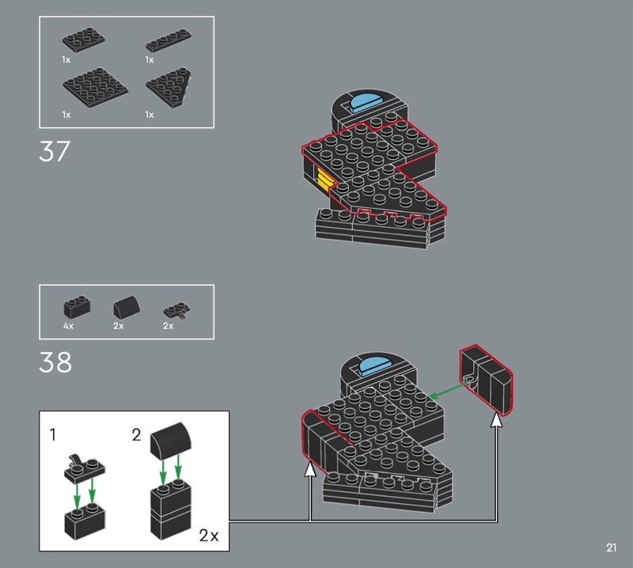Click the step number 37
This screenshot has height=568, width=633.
point(55,151)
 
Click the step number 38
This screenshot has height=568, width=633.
point(55,362)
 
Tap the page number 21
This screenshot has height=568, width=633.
point(611,547)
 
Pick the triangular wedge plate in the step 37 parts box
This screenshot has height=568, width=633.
point(169,86)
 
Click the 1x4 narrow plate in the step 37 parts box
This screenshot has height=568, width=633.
point(169,40)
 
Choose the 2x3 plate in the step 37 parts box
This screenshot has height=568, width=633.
point(84,39)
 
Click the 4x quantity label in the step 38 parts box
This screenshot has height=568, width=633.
point(68,326)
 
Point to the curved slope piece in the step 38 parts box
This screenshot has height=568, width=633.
point(127,308)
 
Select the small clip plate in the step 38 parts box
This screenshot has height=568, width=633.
point(176,310)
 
